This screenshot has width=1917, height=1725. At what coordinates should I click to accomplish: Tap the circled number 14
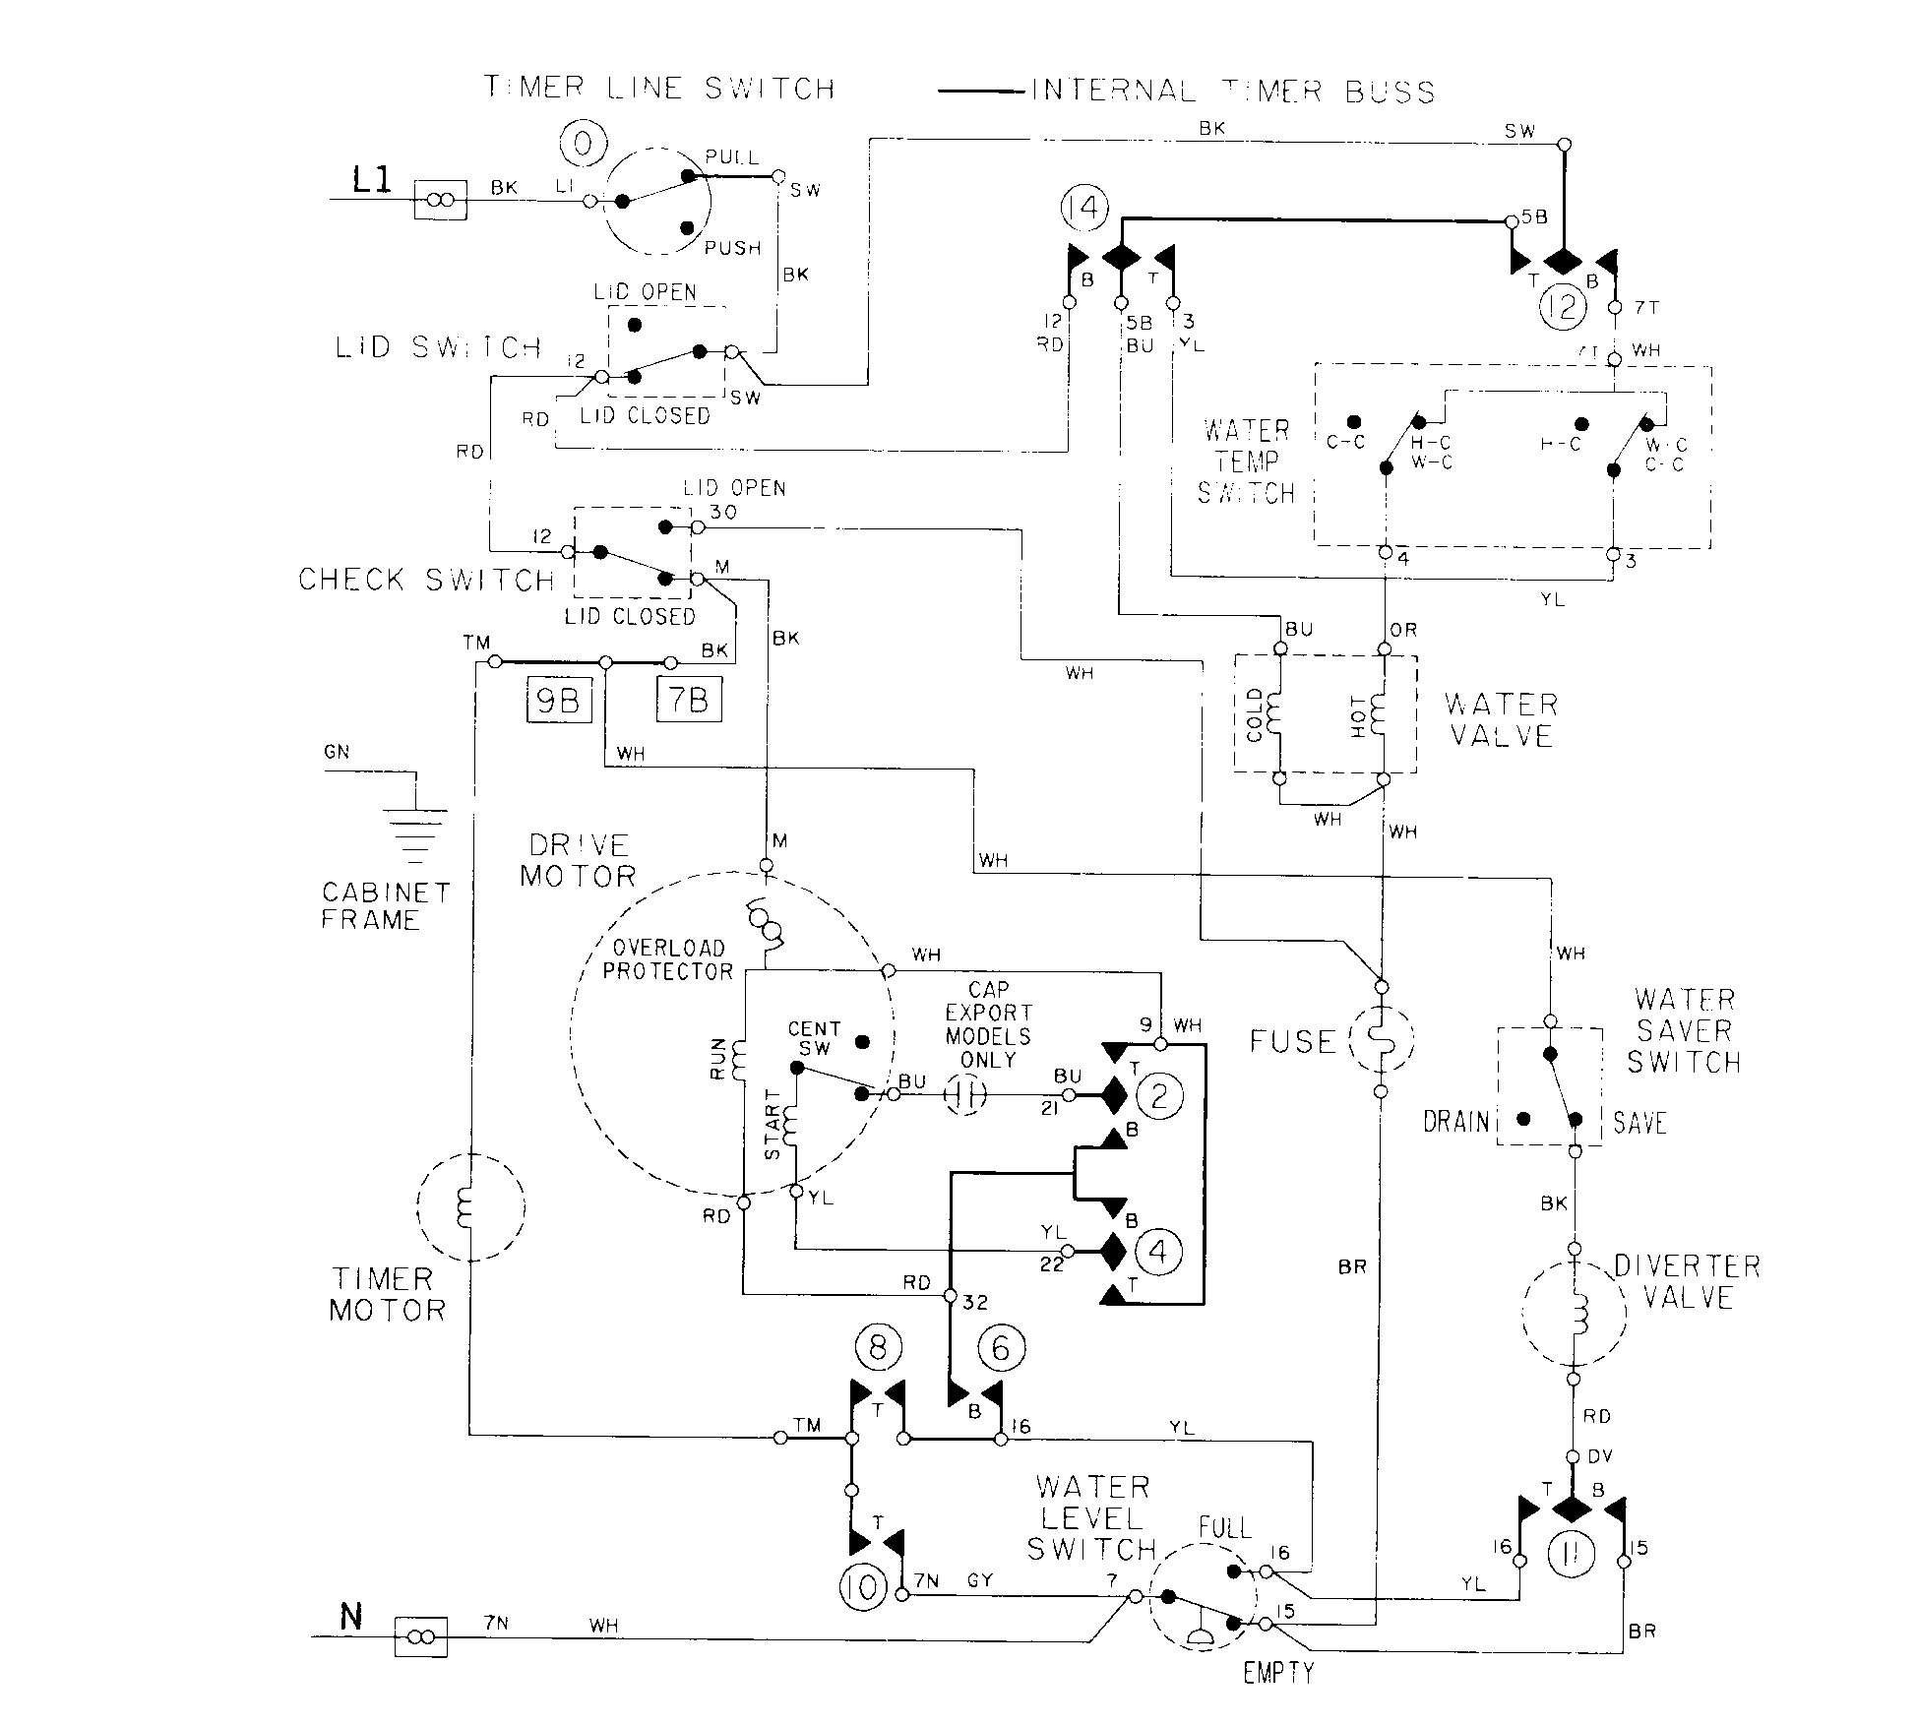[x=1084, y=209]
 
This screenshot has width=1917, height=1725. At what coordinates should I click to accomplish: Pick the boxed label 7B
[x=689, y=700]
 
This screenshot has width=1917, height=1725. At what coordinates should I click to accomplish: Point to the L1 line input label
[x=372, y=180]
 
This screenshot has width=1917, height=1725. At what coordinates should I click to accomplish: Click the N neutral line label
[x=350, y=1617]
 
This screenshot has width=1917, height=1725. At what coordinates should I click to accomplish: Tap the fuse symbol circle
[x=1381, y=1039]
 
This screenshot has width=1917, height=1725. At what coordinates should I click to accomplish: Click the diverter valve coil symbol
[x=1575, y=1315]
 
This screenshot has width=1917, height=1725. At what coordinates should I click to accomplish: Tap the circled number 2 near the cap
[x=1158, y=1095]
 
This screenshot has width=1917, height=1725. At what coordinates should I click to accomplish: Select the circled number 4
[x=1158, y=1252]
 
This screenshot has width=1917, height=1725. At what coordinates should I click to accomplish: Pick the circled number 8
[x=879, y=1349]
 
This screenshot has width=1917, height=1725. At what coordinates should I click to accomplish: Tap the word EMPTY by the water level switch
[x=1278, y=1672]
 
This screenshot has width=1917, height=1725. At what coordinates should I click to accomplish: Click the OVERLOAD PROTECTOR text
[x=668, y=959]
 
